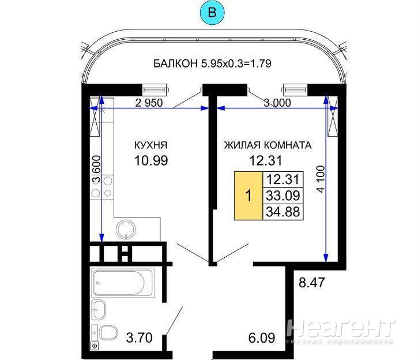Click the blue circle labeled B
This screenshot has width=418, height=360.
click(212, 13)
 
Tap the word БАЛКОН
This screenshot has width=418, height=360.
click(176, 63)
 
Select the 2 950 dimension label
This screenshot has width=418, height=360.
click(149, 103)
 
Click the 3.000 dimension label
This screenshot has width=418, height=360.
click(277, 103)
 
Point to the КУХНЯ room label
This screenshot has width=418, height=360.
click(151, 145)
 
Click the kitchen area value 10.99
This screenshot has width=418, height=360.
click(151, 161)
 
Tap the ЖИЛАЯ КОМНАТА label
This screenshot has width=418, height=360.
click(268, 145)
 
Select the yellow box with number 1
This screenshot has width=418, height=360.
click(248, 196)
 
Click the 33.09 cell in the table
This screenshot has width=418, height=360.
click(283, 196)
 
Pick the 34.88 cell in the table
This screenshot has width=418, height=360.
click(283, 212)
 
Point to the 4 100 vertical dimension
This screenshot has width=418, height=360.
click(321, 179)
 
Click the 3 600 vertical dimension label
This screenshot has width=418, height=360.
click(97, 170)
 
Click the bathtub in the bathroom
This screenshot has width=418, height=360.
click(123, 283)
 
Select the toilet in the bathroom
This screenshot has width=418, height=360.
click(106, 333)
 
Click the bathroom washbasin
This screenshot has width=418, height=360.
click(99, 310)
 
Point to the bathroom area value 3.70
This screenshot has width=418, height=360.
click(139, 338)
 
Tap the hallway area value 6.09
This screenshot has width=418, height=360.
click(262, 338)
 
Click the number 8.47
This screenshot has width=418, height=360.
click(312, 283)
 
